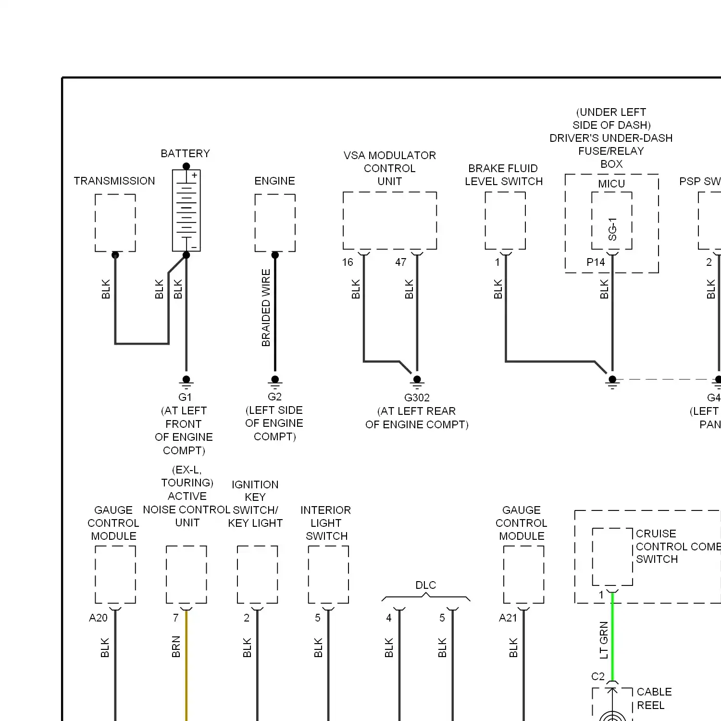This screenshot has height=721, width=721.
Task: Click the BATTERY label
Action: (185, 153)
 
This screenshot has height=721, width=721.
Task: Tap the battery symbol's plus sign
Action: (194, 175)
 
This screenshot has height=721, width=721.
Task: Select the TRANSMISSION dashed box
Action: (115, 223)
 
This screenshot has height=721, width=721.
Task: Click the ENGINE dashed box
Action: (275, 223)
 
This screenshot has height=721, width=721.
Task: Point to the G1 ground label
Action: (185, 397)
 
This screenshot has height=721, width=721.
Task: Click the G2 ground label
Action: (274, 397)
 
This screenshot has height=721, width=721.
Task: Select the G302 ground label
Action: (417, 398)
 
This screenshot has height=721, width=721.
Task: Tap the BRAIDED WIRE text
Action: (266, 308)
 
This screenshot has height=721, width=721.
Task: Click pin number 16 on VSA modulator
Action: (348, 262)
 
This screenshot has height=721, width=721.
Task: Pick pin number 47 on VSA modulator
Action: (401, 262)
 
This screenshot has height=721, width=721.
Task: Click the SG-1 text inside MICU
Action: (612, 229)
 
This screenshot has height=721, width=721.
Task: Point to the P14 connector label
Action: (596, 262)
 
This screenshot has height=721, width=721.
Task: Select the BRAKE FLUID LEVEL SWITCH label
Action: (503, 174)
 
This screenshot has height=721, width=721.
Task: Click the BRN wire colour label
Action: (176, 646)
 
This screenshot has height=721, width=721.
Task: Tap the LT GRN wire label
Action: (604, 640)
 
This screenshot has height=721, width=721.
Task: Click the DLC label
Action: (425, 585)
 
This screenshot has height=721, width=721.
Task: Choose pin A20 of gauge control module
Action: (98, 618)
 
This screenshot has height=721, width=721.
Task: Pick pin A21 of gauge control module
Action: (508, 618)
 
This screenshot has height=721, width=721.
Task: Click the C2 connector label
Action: (597, 676)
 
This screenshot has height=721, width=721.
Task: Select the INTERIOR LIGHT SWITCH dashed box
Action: (328, 574)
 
